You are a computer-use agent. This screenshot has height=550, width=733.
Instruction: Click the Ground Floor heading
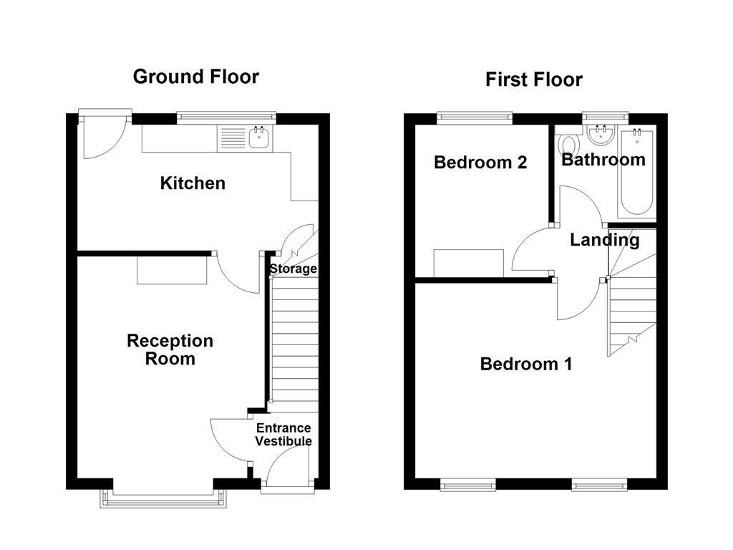[195, 77]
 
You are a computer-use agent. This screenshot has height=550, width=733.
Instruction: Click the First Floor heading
[533, 79]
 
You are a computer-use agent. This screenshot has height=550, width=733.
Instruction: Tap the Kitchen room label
[193, 183]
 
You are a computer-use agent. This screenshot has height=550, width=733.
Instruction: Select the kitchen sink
[258, 137]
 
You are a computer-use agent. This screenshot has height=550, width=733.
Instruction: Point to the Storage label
[293, 269]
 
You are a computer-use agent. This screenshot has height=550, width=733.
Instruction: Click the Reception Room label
[170, 349]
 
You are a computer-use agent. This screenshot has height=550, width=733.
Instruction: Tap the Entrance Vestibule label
[283, 435]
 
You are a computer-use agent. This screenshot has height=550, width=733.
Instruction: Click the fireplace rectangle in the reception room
[173, 269]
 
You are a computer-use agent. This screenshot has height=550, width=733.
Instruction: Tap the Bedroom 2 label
[480, 163]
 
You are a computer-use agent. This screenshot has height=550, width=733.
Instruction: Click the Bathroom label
[603, 160]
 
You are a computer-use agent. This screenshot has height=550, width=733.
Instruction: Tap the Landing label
[604, 240]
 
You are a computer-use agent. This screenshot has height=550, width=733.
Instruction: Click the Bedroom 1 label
[525, 365]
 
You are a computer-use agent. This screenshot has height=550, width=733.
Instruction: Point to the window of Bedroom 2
[475, 115]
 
